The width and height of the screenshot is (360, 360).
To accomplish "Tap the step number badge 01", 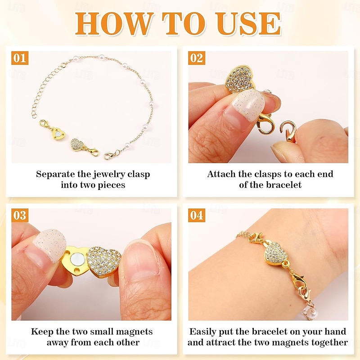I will coord(20,58).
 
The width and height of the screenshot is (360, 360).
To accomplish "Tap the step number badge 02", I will coord(196,58).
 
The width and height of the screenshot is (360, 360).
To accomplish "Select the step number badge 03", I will coord(20,215).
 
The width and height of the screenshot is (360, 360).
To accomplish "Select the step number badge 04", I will coord(196,215).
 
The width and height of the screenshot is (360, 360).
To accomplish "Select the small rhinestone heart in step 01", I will coord(77,144).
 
